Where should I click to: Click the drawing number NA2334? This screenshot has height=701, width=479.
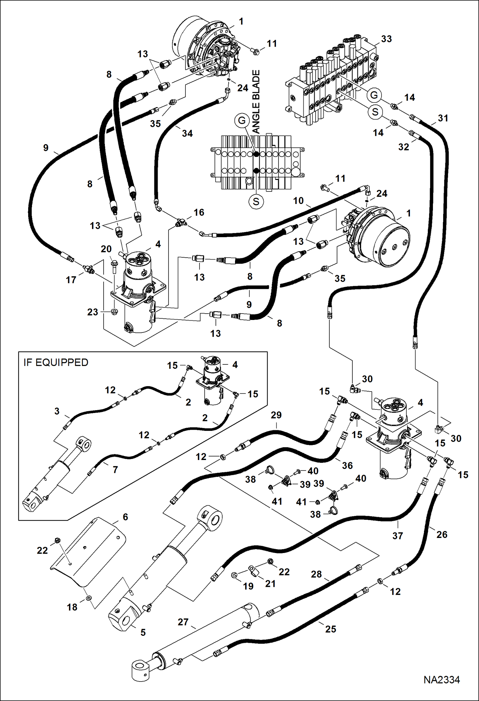[x=442, y=679]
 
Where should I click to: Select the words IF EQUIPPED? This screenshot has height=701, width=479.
[x=56, y=362]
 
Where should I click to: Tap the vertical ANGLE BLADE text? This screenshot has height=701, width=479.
[x=256, y=102]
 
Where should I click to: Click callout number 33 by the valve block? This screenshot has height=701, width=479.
[x=386, y=39]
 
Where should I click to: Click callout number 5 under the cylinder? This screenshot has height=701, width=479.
[x=143, y=632]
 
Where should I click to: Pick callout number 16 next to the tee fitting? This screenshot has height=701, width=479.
[x=199, y=212]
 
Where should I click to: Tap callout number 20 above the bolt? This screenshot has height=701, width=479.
[x=106, y=249]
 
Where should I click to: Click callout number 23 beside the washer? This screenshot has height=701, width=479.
[x=93, y=312]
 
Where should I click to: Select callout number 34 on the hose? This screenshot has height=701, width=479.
[x=187, y=133]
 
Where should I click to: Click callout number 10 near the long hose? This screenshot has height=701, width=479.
[x=298, y=201]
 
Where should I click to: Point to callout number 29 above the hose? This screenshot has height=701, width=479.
[x=276, y=415]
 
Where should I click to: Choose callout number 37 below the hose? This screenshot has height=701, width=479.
[x=397, y=535]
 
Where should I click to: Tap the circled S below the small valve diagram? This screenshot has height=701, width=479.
[x=256, y=201]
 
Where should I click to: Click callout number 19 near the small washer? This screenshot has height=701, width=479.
[x=248, y=586]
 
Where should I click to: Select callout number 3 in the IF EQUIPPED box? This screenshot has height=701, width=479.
[x=57, y=411]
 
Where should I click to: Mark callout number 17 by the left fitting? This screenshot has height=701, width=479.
[x=71, y=280]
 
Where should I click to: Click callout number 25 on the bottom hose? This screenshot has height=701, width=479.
[x=331, y=629]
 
